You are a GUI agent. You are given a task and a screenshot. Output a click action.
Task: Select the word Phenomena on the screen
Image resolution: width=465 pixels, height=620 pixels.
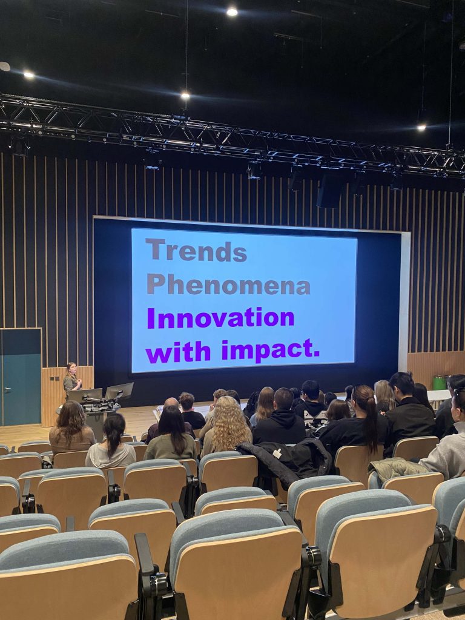coord(228,284)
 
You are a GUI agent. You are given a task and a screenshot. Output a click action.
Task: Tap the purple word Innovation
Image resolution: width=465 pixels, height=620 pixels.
coord(220,318)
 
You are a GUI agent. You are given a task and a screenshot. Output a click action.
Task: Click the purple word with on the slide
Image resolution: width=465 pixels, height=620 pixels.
coord(179,352)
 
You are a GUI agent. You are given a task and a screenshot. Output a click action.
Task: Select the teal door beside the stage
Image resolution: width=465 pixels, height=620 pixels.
coord(21,377)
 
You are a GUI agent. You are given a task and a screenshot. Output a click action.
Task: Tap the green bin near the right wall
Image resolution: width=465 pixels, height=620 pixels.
coord(439,383)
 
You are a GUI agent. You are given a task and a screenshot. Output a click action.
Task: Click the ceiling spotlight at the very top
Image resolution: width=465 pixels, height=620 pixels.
coord(232,12)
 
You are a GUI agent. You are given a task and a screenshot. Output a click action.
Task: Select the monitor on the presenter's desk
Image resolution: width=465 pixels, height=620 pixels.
coord(119,391)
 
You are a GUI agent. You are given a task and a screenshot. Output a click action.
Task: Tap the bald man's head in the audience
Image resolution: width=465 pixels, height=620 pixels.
coord(171,403)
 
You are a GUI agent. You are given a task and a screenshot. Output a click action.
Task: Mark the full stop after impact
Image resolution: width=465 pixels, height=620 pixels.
coord(316,354)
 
